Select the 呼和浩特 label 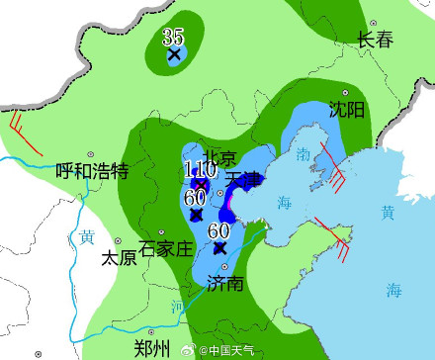pos(92,172)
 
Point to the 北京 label pos(219,159)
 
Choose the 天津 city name pos(244,180)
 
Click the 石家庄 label pos(165,248)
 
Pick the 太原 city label pos(119,258)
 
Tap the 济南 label pos(224,284)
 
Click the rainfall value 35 pos(173,38)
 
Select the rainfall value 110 pos(200,170)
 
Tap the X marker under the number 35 pos(175,55)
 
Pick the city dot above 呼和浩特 pos(91,155)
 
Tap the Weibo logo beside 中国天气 pos(197,349)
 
